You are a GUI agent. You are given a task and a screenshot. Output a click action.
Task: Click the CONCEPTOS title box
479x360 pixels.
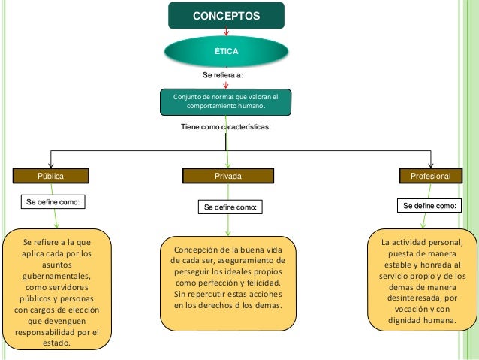tap(226, 15)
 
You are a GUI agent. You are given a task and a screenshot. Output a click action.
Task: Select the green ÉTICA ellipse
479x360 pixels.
tap(226, 51)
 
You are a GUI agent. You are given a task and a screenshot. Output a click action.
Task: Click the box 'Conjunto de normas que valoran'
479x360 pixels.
tap(225, 102)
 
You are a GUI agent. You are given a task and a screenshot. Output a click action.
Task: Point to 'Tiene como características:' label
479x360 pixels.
tap(226, 129)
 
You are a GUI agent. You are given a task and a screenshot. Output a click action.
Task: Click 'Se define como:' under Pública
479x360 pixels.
tap(52, 202)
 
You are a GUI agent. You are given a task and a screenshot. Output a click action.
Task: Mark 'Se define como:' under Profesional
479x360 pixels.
tap(430, 205)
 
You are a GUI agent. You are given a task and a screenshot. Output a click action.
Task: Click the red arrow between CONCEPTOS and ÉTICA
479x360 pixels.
tap(227, 32)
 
